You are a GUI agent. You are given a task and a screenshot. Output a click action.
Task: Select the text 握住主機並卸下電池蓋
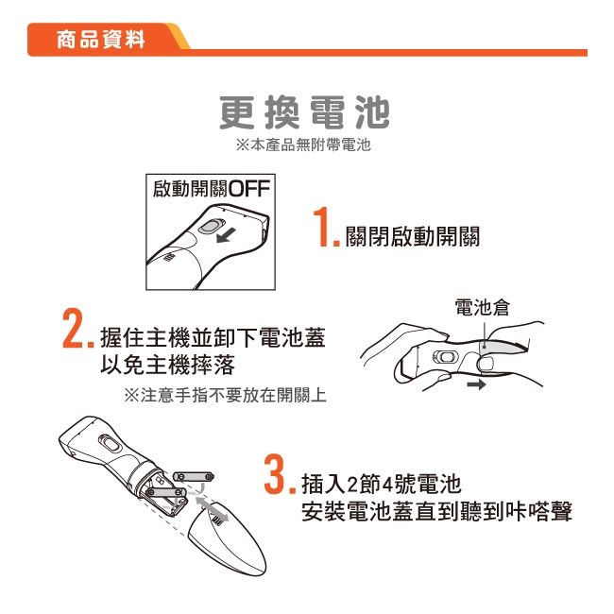213,337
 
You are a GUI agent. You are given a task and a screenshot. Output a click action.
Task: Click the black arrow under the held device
475,385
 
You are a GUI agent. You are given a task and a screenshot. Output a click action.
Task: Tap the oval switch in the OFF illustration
213,227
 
